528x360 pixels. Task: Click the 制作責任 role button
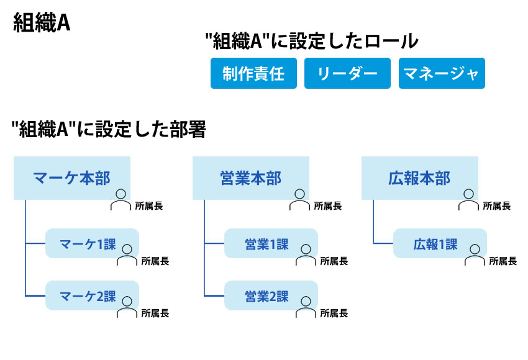point(253,73)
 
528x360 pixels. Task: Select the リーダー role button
point(347,73)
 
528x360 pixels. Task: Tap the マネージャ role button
point(442,73)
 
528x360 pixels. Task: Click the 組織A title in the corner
point(42,23)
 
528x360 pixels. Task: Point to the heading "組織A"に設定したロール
point(312,41)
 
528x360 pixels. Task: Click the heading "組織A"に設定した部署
point(109,129)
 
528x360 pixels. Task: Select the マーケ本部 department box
point(72,178)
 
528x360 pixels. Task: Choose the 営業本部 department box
point(251,178)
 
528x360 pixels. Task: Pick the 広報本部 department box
point(420,178)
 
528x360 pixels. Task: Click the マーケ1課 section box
point(93,243)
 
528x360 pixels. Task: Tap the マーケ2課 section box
point(93,295)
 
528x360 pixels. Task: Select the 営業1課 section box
point(271,243)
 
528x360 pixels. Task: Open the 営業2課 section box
point(271,295)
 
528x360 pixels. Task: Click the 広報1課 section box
point(440,243)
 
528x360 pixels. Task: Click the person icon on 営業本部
point(299,200)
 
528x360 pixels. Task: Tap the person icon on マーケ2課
point(127,307)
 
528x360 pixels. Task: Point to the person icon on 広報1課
point(475,255)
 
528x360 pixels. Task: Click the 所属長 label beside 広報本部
point(497,206)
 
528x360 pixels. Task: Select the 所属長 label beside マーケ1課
point(155,261)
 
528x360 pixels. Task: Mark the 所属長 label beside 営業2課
point(334,313)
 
